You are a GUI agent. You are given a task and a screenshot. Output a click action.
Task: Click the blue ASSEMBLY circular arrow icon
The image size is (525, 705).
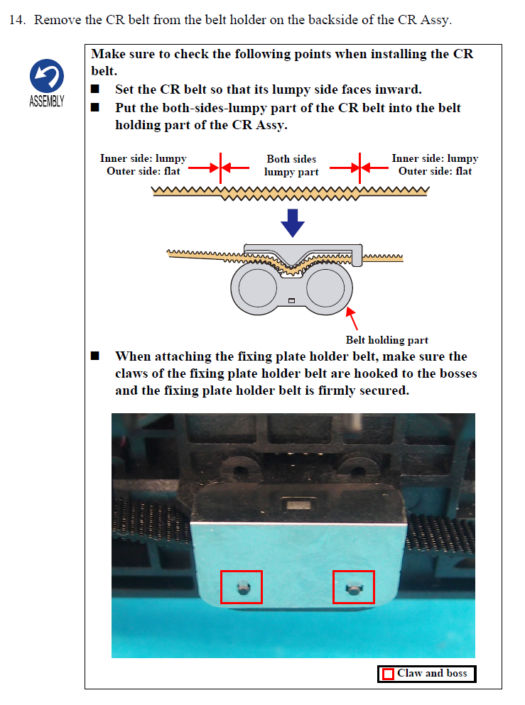tap(47, 76)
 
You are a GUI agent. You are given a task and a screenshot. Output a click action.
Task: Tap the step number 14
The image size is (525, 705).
tap(17, 20)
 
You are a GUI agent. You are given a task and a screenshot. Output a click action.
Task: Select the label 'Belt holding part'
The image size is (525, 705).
tap(387, 340)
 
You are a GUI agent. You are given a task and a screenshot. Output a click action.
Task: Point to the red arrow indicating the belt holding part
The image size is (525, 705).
tap(352, 319)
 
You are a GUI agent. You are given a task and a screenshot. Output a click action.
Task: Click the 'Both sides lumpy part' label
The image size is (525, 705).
tap(291, 165)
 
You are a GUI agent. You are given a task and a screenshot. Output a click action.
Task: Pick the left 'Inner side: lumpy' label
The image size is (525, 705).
tap(143, 158)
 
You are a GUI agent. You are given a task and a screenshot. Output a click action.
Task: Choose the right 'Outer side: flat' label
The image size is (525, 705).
tap(435, 171)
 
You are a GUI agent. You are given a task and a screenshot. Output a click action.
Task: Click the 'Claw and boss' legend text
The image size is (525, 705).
tap(432, 673)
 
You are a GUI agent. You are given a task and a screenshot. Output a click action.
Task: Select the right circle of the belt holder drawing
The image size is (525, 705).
tap(325, 288)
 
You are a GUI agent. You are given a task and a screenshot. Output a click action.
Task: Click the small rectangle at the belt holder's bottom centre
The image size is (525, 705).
tap(291, 300)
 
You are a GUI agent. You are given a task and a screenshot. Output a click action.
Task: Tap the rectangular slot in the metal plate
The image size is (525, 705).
tap(298, 504)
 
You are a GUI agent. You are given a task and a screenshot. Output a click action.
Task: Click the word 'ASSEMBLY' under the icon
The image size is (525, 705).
tap(47, 101)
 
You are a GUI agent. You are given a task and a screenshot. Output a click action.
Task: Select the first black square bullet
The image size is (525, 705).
tap(95, 89)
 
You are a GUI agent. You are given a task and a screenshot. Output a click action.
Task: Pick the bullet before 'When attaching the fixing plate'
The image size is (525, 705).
tap(95, 356)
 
